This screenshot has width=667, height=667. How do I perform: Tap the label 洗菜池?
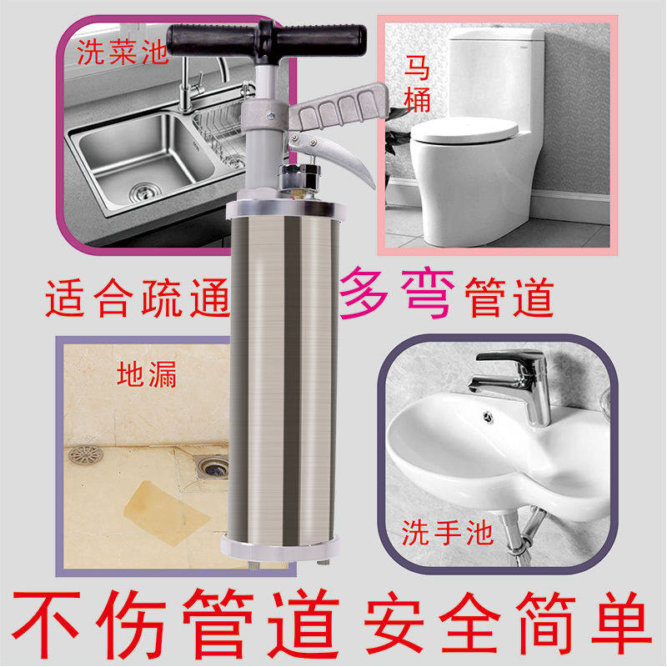pos(122,53)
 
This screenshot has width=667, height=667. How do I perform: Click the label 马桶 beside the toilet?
pos(417,84)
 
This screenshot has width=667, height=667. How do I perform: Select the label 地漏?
pos(147,374)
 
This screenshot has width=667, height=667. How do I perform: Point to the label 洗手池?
pos(448,532)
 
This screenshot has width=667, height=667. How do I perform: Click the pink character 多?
pos(364,293)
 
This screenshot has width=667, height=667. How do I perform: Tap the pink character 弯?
pos(427,293)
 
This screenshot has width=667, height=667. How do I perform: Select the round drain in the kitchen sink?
pos(143,192)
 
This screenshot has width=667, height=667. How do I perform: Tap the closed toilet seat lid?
pos(464,131)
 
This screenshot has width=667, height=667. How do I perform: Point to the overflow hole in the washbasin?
pos(489,417)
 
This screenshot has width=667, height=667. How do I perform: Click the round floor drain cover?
pos(86,454)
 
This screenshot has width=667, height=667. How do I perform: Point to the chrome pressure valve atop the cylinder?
pos(299,179)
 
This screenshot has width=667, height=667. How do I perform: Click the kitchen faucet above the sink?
pos(200,85)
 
